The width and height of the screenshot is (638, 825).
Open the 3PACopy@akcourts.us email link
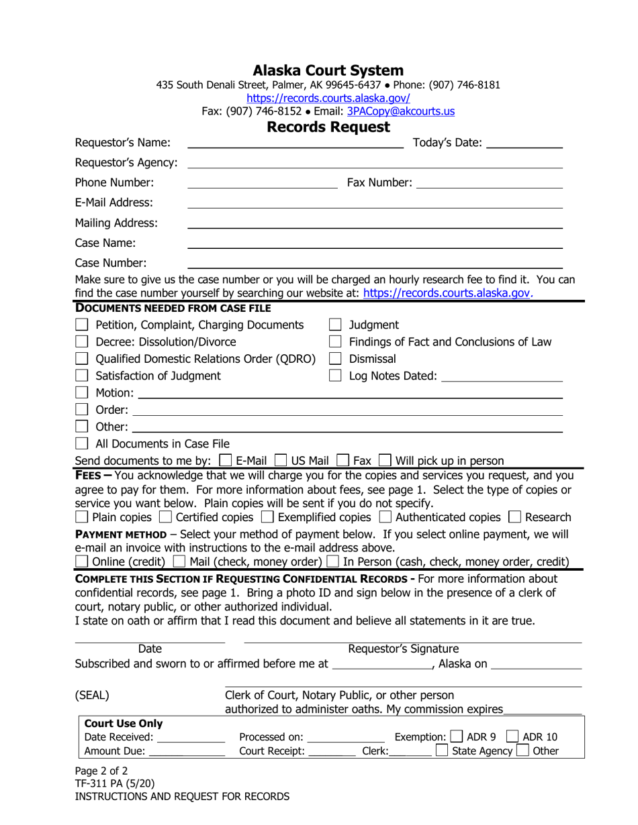pyautogui.click(x=400, y=111)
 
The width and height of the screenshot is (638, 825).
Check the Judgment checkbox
pyautogui.click(x=336, y=325)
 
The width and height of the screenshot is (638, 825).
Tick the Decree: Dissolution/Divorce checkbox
pyautogui.click(x=82, y=342)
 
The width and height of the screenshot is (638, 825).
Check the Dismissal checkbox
pyautogui.click(x=336, y=359)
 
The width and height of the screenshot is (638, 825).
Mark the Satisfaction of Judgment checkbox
pyautogui.click(x=82, y=376)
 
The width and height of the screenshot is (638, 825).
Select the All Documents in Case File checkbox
pyautogui.click(x=82, y=443)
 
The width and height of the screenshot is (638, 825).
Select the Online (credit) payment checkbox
pyautogui.click(x=81, y=561)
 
